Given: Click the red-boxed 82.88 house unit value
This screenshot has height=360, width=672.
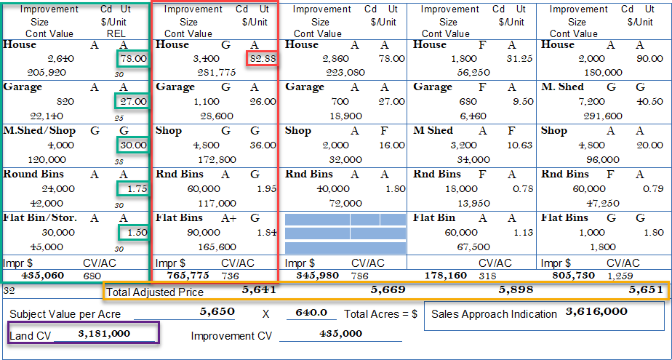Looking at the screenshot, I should [262, 58].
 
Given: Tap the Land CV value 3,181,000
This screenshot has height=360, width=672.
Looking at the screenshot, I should [103, 333].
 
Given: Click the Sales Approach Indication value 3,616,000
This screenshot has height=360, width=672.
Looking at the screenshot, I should [596, 312].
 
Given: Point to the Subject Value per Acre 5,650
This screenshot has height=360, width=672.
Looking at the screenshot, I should [217, 311].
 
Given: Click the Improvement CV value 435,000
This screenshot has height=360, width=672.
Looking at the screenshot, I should [340, 333].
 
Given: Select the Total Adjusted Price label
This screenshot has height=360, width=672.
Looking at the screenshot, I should [155, 292].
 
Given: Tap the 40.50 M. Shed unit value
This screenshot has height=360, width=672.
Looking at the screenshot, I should [649, 102].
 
